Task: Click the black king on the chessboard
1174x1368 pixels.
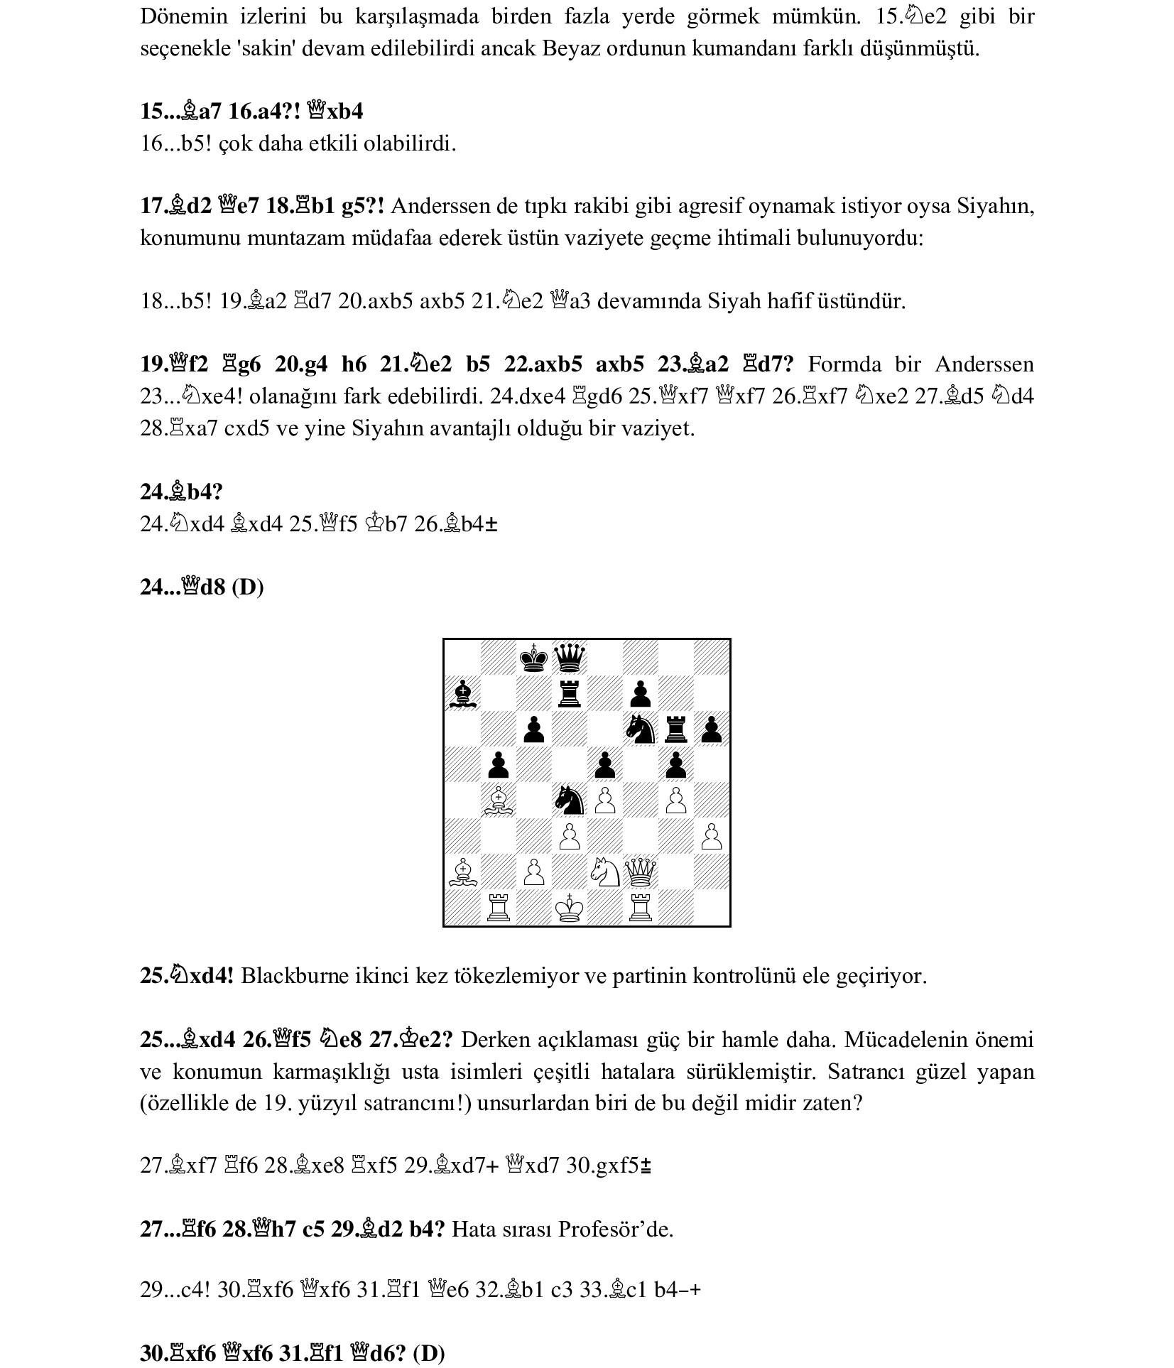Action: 533,658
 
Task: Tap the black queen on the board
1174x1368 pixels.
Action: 569,658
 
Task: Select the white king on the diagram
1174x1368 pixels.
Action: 569,908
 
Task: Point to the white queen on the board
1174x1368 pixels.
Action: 641,872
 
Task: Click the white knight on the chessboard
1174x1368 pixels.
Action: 605,872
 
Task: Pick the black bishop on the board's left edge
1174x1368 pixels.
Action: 462,693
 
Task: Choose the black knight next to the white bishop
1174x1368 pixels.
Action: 569,800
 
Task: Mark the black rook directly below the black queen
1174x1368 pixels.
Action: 569,693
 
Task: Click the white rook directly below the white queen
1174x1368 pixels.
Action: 641,908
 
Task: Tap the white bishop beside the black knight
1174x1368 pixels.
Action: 498,800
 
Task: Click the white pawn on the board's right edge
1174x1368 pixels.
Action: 712,837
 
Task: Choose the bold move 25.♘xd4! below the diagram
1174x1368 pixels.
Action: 187,976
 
